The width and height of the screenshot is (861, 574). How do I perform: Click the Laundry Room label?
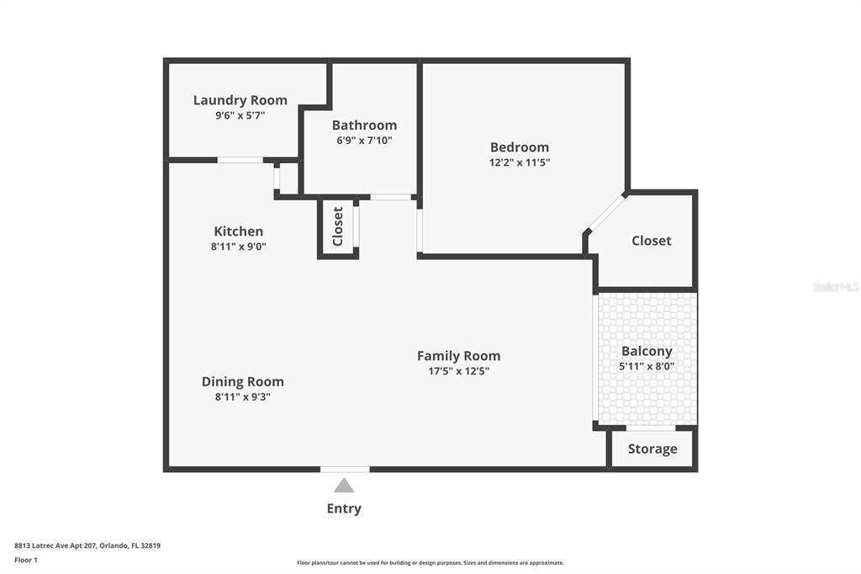pos(240,100)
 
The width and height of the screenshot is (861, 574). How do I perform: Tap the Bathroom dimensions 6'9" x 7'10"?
pos(364,141)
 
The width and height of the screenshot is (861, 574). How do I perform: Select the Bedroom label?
pos(520,147)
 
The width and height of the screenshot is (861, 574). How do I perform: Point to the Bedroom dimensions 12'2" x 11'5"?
pos(520,162)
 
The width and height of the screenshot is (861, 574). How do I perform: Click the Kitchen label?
pos(238,231)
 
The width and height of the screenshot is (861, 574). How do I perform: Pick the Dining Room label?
pos(243,381)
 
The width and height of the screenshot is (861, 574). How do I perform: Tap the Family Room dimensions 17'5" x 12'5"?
pos(458,371)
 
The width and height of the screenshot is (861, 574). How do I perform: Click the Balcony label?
pos(647,351)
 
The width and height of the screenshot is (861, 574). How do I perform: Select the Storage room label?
pos(652,449)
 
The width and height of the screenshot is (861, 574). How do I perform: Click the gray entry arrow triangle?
pos(344,486)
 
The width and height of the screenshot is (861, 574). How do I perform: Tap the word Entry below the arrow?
pos(344,508)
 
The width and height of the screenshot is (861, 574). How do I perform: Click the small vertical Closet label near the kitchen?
pos(338,226)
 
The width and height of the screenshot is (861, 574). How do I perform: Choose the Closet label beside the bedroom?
pos(652,241)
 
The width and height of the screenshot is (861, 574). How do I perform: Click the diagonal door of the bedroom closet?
pos(607,212)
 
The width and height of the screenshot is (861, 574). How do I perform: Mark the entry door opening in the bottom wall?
pos(345,470)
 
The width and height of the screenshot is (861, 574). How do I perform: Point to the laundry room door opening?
pos(240,160)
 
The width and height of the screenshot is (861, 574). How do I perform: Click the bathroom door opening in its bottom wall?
pos(390,197)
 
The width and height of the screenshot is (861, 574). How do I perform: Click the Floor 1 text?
pos(26,561)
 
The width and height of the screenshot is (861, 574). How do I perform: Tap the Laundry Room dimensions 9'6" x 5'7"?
pos(240,115)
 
